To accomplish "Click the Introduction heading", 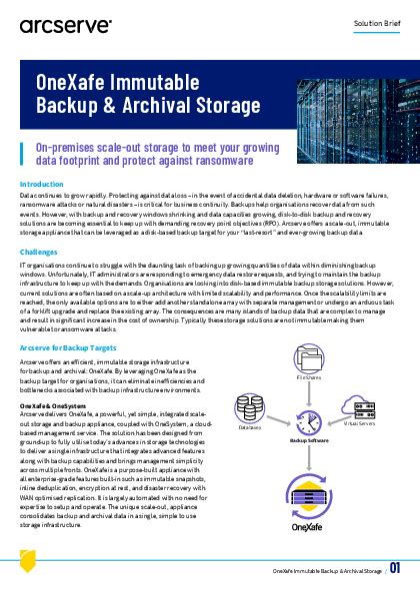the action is point(42,185).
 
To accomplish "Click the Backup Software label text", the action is point(308,440).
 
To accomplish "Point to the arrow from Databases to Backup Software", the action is point(279,419).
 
